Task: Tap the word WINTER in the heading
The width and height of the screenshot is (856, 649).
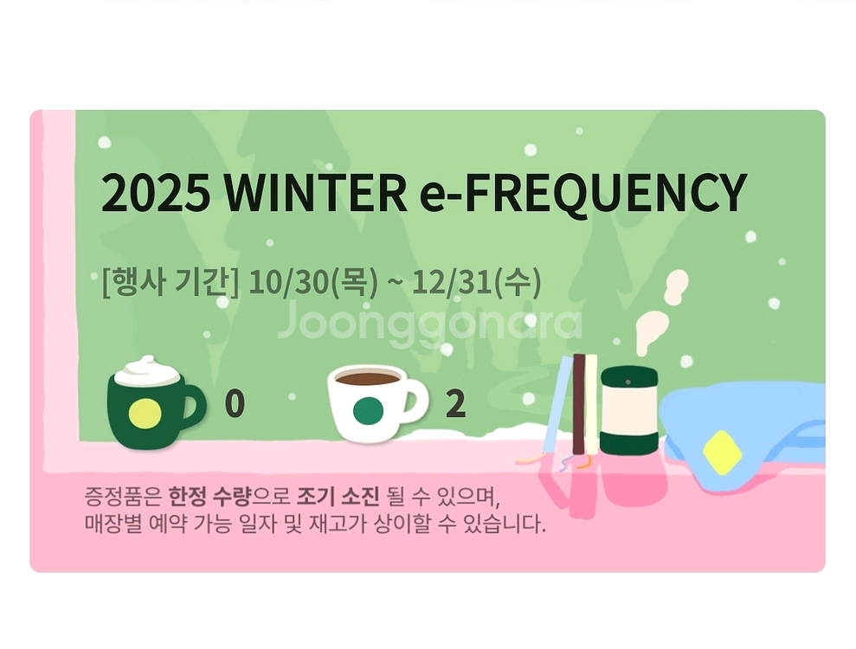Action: (x=315, y=193)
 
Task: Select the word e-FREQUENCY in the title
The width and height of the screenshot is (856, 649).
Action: (x=582, y=193)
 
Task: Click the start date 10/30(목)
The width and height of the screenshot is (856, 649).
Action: (x=312, y=283)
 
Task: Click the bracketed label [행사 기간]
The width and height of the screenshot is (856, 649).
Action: (x=170, y=283)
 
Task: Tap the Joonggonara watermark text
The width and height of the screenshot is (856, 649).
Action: (x=430, y=322)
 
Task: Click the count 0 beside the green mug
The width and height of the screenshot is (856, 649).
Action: (x=234, y=404)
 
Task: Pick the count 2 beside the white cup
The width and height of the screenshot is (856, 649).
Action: (x=455, y=404)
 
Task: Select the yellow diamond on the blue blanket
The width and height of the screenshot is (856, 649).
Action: (x=722, y=453)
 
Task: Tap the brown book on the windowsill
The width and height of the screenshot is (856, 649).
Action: (x=578, y=403)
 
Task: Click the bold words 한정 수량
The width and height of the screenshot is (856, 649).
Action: (x=209, y=498)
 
